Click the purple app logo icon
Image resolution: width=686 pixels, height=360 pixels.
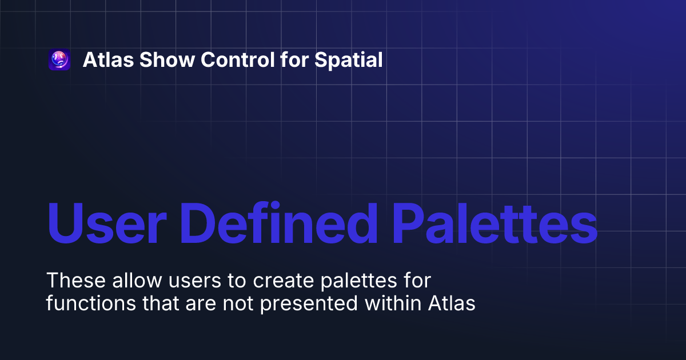coord(59,60)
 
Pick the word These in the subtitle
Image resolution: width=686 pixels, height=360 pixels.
coord(71,281)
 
